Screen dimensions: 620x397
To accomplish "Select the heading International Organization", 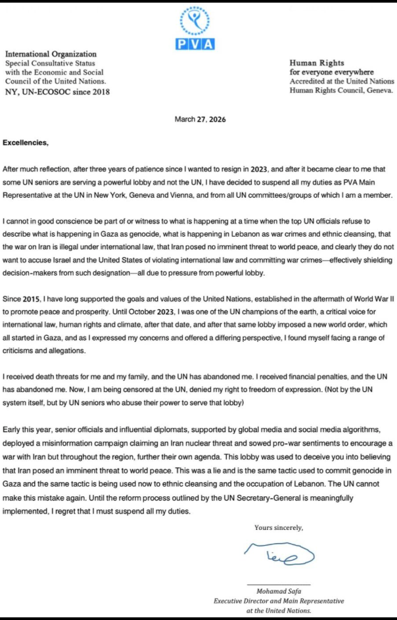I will [x=51, y=54].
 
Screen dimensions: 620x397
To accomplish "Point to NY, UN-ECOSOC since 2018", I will [x=57, y=91].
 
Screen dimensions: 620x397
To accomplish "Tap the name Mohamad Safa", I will [x=279, y=591].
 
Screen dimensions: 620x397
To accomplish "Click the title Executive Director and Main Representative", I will [x=279, y=601].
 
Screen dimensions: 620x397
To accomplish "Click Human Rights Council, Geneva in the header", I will [x=341, y=90].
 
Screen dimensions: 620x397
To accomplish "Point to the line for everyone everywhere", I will [x=333, y=72].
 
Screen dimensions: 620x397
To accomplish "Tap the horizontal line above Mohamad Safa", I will [x=279, y=584].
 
